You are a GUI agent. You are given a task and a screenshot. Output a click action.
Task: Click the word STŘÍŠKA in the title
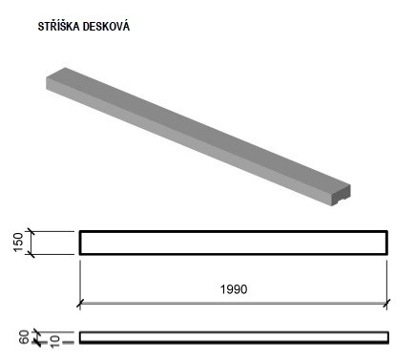[x=58, y=26]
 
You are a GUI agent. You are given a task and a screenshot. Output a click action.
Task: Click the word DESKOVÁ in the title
[x=106, y=26]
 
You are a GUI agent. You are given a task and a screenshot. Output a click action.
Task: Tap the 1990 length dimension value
[x=234, y=289]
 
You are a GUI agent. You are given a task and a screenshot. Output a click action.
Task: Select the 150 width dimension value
[x=19, y=243]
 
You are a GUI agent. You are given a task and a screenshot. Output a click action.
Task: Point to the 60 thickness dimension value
[x=24, y=337]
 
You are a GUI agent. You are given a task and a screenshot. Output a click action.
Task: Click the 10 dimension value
[x=54, y=341]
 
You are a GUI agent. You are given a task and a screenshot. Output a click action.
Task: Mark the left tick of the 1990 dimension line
[x=80, y=304]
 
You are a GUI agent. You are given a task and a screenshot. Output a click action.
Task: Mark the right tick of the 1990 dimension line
[x=387, y=304]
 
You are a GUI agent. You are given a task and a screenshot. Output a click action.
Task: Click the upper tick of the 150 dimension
[x=31, y=232]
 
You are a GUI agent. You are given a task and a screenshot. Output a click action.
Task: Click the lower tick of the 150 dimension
[x=31, y=254]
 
